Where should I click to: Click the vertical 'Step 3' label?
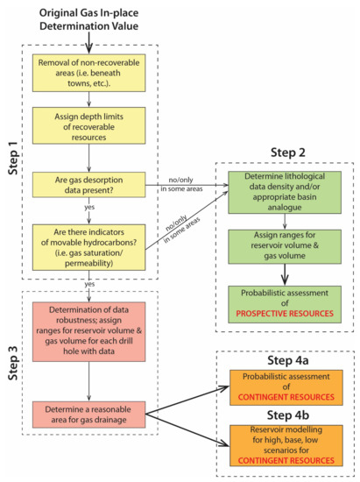point(12,365)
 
